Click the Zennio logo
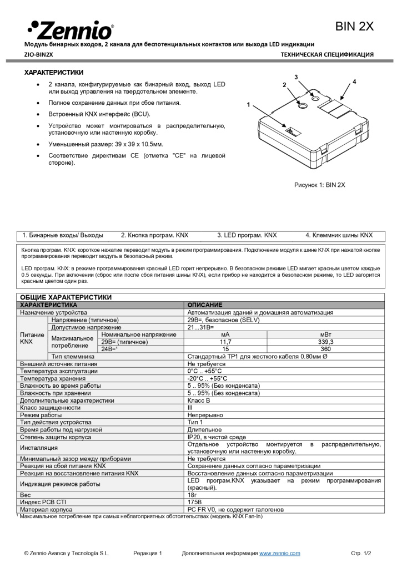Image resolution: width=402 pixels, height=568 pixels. tap(71, 28)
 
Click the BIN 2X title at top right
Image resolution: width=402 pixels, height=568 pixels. tap(354, 27)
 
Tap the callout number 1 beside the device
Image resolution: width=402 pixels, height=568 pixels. tap(249, 105)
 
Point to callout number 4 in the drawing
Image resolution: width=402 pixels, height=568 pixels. tap(354, 82)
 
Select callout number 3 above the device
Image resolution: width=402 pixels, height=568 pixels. tap(296, 77)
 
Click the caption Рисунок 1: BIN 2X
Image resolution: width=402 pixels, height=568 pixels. tap(319, 185)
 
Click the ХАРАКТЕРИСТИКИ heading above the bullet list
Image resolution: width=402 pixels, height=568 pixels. tap(54, 72)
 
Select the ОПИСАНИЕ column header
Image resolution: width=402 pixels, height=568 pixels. tap(204, 305)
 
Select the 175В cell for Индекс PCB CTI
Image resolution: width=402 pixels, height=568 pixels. tap(194, 502)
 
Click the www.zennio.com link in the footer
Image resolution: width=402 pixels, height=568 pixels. tap(280, 553)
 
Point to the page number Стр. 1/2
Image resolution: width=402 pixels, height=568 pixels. tap(361, 553)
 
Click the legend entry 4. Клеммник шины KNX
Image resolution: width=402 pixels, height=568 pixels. tap(339, 235)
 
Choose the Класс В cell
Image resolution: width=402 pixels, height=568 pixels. tap(199, 400)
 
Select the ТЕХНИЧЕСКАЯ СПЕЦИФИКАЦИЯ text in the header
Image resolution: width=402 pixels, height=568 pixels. tap(327, 54)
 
